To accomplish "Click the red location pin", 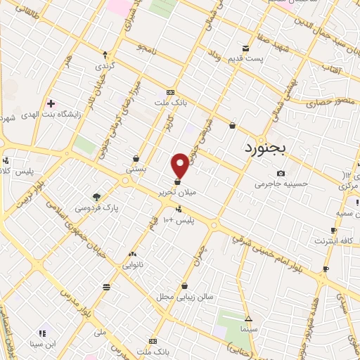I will click(180, 165).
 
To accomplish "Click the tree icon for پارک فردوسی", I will click(96, 197).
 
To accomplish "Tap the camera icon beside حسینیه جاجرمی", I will click(281, 174).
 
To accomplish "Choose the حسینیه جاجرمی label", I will click(281, 185).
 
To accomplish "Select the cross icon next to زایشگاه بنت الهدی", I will click(49, 103).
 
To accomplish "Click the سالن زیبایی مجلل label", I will click(184, 297).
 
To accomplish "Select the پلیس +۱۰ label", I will click(179, 220).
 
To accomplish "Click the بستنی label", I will click(135, 169).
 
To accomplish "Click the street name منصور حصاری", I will click(326, 101).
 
